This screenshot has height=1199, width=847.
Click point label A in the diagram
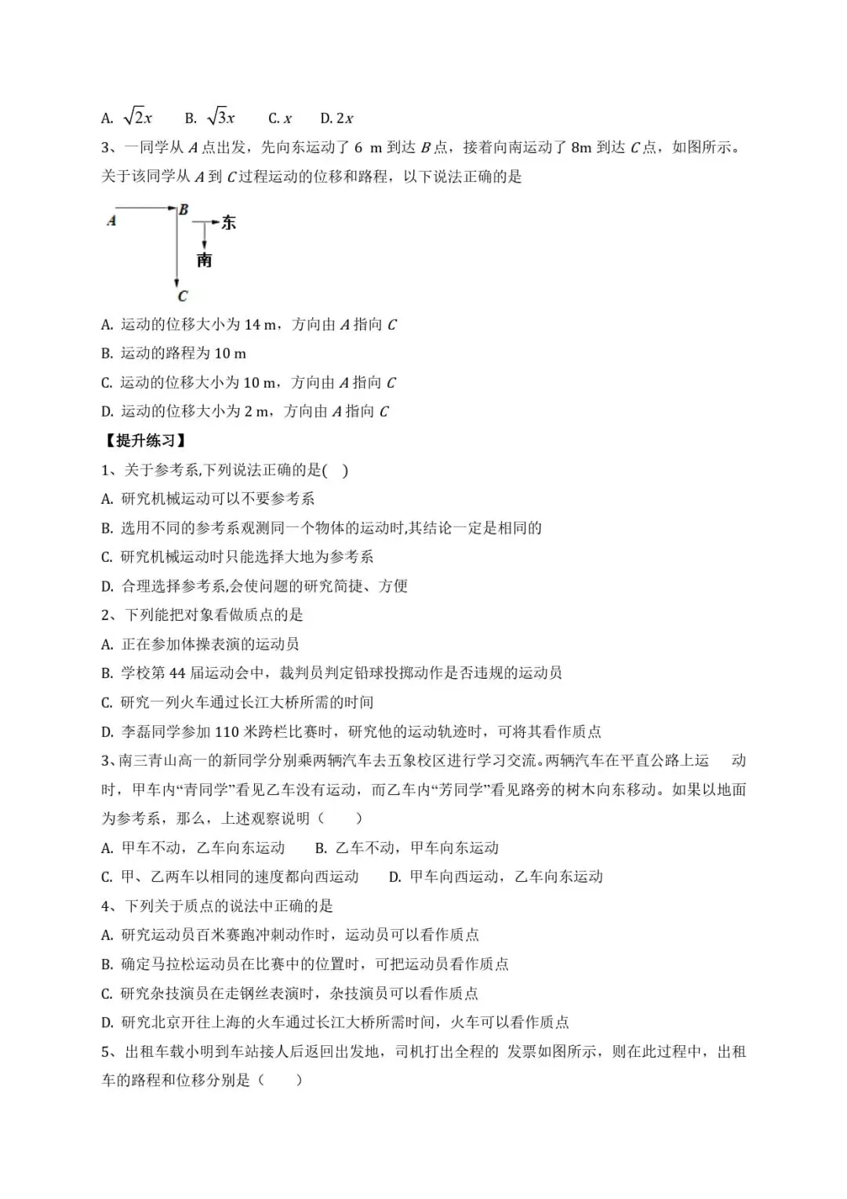pos(111,221)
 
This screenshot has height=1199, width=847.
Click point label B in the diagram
pos(184,210)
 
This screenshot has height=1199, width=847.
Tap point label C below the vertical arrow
pos(182,296)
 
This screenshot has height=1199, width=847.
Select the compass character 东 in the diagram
pos(228,223)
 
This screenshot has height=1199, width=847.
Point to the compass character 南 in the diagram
pos(204,260)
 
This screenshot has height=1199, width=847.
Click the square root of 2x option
pos(138,118)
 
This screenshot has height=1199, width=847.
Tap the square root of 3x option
pos(220,118)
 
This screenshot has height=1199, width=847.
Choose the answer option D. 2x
pos(336,118)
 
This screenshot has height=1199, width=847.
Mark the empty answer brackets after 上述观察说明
pos(340,818)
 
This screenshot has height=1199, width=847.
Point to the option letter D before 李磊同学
pos(107,732)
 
